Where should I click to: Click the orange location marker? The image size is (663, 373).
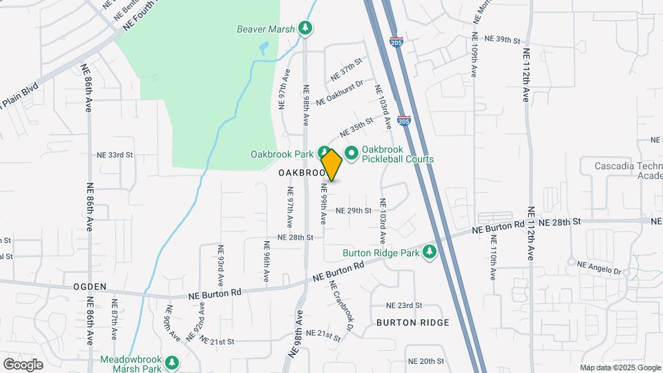pos(331,164)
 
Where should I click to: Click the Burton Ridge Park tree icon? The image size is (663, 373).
pos(430,252)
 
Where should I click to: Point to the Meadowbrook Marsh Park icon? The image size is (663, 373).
pos(171,362)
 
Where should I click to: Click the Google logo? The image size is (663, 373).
pos(23,364)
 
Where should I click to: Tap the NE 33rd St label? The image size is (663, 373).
pos(114,155)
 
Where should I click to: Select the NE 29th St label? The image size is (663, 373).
pos(354,210)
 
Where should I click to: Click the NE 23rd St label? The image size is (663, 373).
pos(404,305)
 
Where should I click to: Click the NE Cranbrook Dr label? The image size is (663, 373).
pos(342,304)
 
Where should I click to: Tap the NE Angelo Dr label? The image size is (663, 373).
pos(599,265)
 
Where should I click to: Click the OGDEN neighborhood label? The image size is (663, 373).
pos(90,286)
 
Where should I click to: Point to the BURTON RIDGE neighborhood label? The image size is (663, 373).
pos(413,323)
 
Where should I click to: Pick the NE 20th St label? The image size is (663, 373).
pos(425,361)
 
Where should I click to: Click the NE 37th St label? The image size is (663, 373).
pos(347,69)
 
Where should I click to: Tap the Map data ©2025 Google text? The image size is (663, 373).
pos(619,367)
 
